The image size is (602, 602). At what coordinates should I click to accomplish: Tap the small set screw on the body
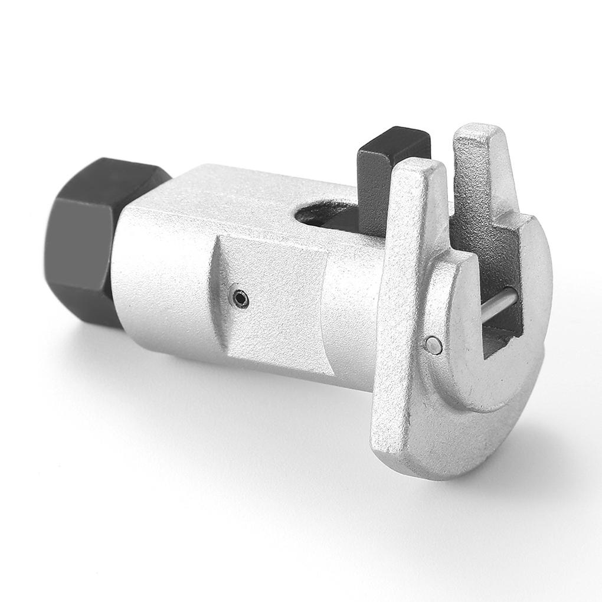tap(240, 300)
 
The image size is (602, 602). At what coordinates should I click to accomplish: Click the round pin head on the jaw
tap(434, 345)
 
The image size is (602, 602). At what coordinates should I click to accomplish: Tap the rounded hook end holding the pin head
tap(449, 342)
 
